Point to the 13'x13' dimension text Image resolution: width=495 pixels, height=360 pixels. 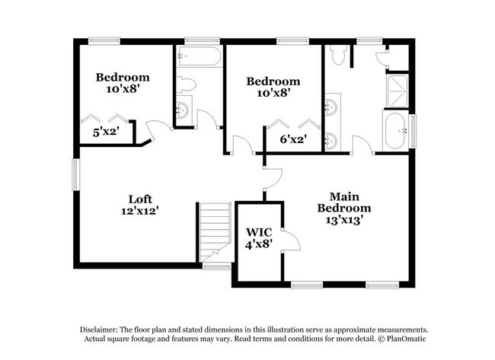tap(344, 220)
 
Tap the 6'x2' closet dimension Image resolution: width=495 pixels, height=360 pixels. tap(292, 139)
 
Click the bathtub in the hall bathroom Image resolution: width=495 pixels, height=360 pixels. tap(199, 57)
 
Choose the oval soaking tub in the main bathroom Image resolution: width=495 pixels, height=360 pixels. tap(397, 132)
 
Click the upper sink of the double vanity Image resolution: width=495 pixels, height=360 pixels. tap(332, 107)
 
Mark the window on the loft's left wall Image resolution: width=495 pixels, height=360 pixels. tap(76, 174)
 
